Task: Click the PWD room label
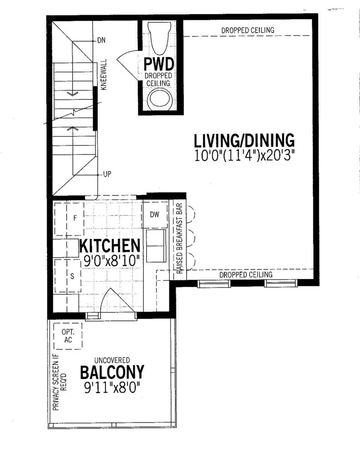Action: tap(159, 64)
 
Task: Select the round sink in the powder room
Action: tap(160, 100)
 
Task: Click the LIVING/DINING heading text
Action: tap(244, 141)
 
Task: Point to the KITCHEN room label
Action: tap(110, 246)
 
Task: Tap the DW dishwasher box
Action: tap(155, 215)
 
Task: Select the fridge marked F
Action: tap(69, 219)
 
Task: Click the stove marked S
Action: tap(68, 275)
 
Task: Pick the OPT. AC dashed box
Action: tap(68, 336)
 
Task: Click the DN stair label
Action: tap(101, 40)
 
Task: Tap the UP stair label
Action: tap(107, 174)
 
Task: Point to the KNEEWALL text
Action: tap(104, 75)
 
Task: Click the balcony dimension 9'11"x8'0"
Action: tap(112, 388)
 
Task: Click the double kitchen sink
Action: tap(156, 246)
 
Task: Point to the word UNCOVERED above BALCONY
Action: tap(112, 360)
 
